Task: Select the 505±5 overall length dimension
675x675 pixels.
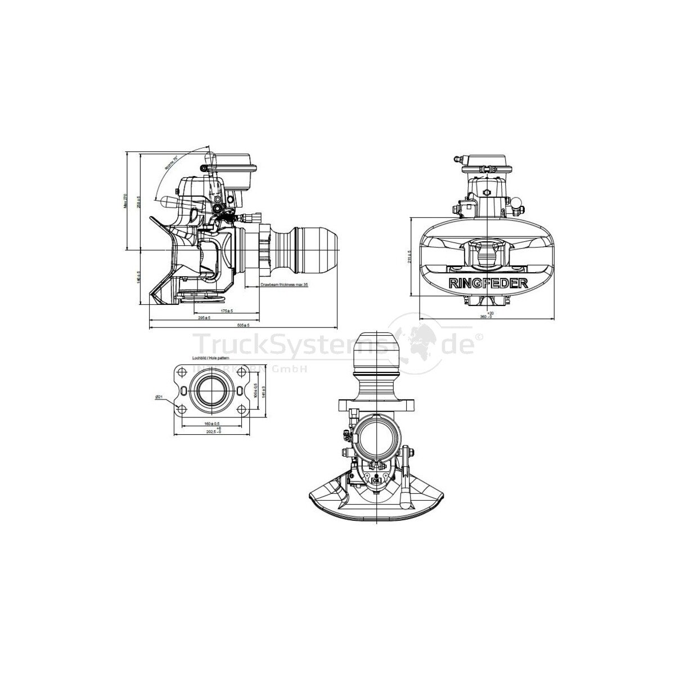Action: click(x=244, y=325)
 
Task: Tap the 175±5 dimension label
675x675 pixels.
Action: click(x=227, y=310)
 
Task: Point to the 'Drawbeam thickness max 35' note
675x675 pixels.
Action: click(x=285, y=286)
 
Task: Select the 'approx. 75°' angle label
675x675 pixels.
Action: click(x=171, y=164)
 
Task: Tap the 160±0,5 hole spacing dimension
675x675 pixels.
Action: click(x=211, y=423)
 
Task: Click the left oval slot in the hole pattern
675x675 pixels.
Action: click(x=184, y=390)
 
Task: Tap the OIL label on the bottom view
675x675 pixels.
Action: click(x=376, y=481)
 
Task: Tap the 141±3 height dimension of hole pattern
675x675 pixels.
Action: click(x=263, y=390)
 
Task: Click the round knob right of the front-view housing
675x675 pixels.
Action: click(x=517, y=201)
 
